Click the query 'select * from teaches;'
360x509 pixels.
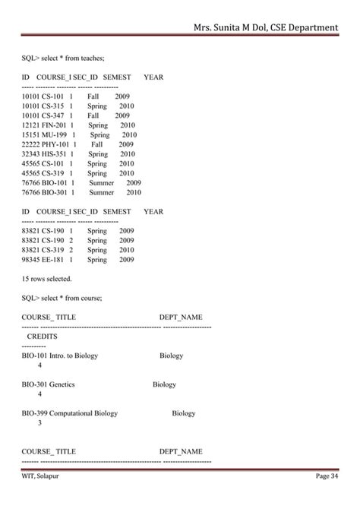[x=74, y=56]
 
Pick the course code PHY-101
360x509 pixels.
[x=55, y=144]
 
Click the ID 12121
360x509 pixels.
[x=30, y=125]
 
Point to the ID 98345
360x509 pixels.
[x=30, y=260]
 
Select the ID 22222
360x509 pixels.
[x=30, y=144]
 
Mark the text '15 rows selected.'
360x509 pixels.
[x=46, y=279]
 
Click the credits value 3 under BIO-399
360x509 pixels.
[x=39, y=423]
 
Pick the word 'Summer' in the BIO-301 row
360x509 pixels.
[x=101, y=192]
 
